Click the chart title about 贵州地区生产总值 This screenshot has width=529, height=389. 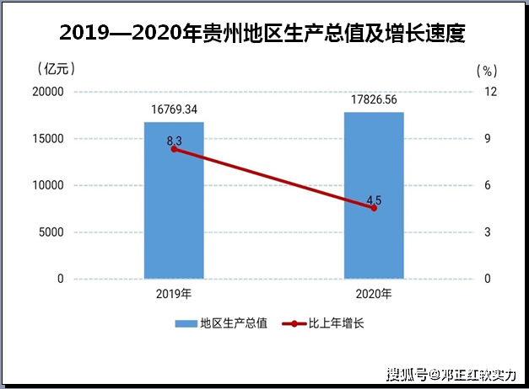click(x=263, y=34)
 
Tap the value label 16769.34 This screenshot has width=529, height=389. click(x=174, y=109)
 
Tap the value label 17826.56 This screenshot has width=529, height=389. click(x=374, y=100)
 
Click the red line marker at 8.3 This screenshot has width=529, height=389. click(x=174, y=148)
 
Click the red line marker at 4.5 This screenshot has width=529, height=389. click(x=374, y=208)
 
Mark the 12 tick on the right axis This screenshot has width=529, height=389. click(x=488, y=92)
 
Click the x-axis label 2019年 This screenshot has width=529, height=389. click(x=174, y=294)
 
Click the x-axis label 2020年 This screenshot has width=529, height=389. click(x=374, y=294)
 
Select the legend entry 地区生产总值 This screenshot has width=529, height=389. click(x=222, y=323)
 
